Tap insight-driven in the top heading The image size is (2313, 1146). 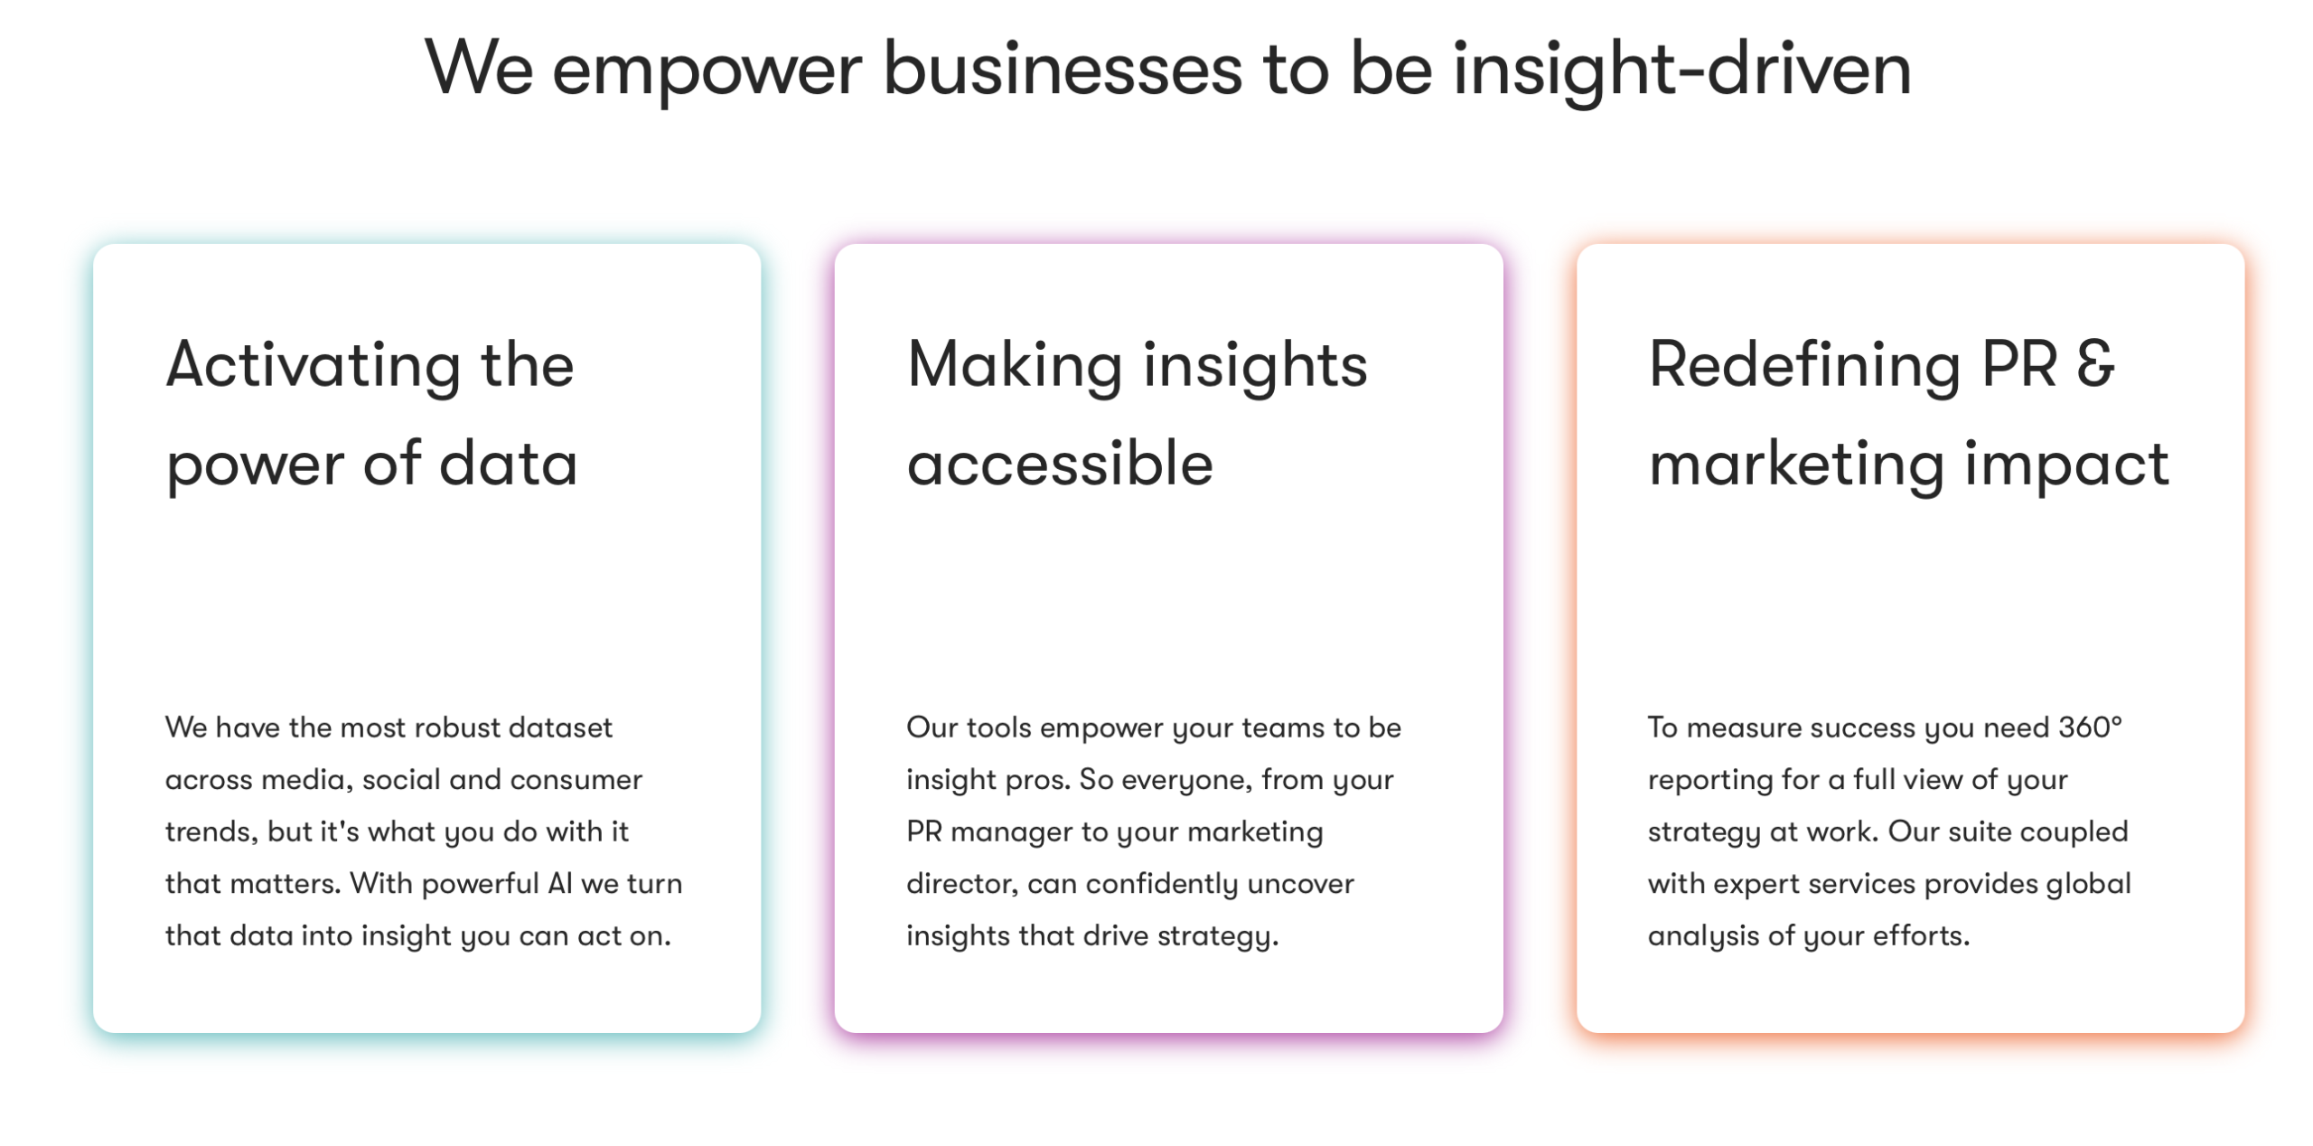[1681, 70]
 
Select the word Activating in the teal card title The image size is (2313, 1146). [314, 367]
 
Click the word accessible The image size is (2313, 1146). [1060, 464]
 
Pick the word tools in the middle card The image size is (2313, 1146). [999, 728]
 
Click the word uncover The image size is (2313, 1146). [1306, 883]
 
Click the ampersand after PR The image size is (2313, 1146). [2095, 364]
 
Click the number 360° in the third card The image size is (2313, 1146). [2090, 727]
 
